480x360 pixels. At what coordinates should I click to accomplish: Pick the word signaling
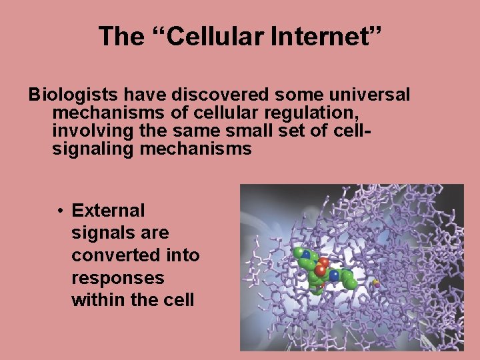[93, 149]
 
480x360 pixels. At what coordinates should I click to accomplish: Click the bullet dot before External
[60, 211]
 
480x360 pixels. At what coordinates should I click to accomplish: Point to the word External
[108, 211]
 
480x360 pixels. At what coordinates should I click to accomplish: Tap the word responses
[117, 278]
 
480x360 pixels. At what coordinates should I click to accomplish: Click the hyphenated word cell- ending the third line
[351, 131]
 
